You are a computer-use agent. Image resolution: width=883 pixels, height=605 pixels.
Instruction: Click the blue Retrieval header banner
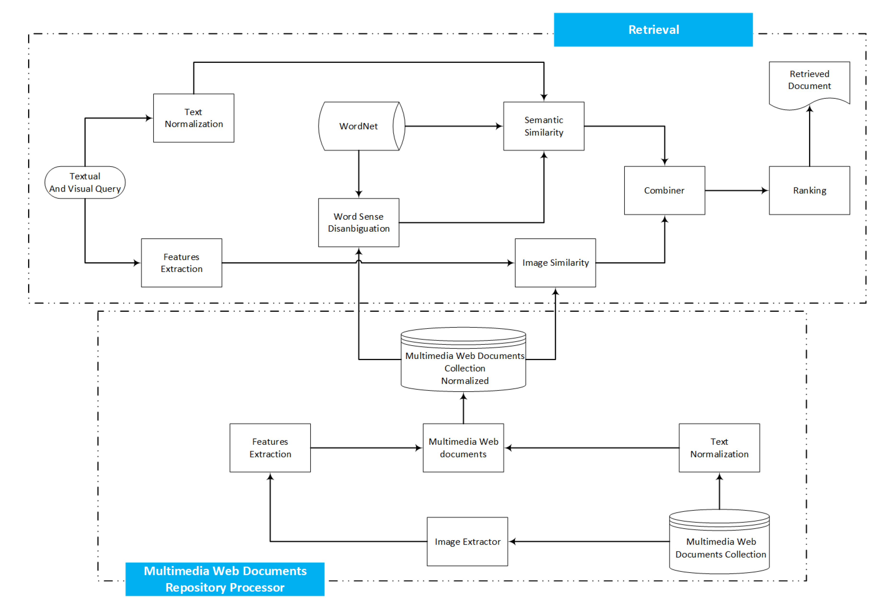(653, 30)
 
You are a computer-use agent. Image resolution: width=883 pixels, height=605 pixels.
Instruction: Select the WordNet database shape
(359, 126)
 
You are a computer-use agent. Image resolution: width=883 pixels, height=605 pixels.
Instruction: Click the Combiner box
(664, 190)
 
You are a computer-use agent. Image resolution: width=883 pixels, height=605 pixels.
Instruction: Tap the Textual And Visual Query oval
(85, 182)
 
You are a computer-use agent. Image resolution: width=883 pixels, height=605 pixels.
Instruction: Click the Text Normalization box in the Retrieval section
(193, 118)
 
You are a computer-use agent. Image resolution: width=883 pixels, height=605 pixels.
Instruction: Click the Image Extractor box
(467, 541)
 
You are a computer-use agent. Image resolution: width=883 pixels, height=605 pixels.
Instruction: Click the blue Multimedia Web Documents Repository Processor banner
(225, 579)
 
